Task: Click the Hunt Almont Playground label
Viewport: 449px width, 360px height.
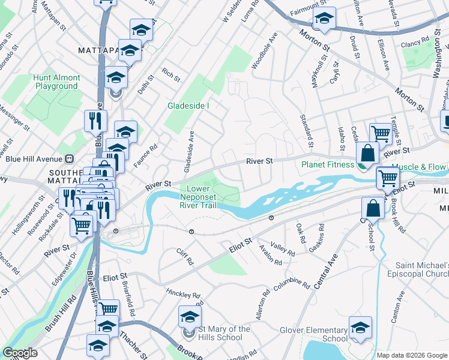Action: click(x=56, y=82)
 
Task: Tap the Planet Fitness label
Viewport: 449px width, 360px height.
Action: click(x=329, y=164)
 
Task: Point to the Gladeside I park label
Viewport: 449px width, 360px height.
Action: click(x=188, y=106)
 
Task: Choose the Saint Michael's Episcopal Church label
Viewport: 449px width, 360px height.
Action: click(x=422, y=269)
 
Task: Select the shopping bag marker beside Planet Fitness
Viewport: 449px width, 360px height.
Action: click(x=367, y=153)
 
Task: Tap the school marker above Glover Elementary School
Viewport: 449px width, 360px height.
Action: click(x=360, y=328)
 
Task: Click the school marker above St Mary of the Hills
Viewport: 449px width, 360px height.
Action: click(x=189, y=317)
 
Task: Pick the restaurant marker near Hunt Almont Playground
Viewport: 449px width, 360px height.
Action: click(x=95, y=120)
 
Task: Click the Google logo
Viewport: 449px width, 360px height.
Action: click(x=20, y=353)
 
